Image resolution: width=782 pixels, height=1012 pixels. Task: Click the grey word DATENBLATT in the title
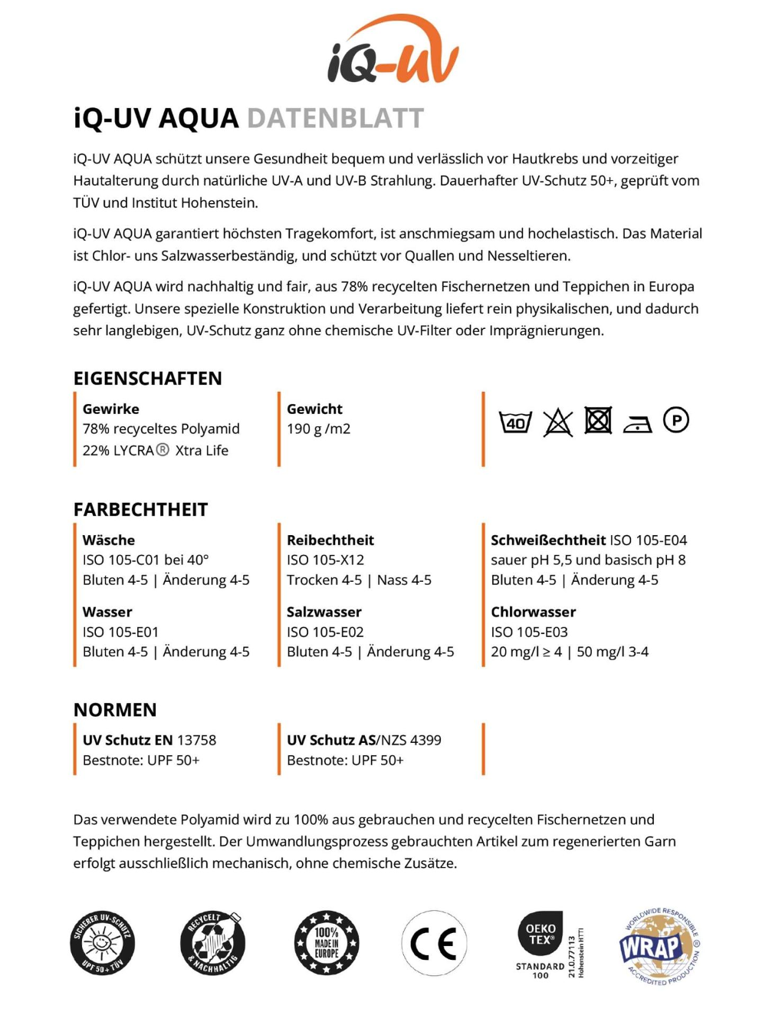click(335, 119)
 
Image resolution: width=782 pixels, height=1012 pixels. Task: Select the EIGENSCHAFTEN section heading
click(147, 378)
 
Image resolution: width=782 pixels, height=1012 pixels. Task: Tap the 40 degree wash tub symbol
click(515, 422)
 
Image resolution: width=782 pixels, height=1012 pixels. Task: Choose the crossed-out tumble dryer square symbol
click(598, 420)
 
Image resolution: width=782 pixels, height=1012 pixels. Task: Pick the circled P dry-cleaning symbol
click(675, 420)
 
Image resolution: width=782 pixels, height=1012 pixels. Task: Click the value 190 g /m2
click(318, 429)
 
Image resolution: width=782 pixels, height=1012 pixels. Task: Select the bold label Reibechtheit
click(330, 540)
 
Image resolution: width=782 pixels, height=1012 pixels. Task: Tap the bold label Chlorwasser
click(533, 612)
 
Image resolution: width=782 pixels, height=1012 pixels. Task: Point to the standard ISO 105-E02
click(325, 632)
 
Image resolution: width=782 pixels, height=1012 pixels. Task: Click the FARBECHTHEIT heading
click(140, 510)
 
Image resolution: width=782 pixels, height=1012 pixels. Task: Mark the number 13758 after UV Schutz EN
click(196, 740)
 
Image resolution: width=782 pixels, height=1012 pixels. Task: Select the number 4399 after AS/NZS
click(426, 740)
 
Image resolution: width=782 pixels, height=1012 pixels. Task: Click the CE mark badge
click(434, 943)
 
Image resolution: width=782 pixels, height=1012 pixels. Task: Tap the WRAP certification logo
click(659, 946)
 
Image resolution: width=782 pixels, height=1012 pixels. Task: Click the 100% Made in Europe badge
click(327, 943)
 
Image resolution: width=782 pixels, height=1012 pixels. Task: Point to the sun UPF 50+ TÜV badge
click(102, 943)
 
